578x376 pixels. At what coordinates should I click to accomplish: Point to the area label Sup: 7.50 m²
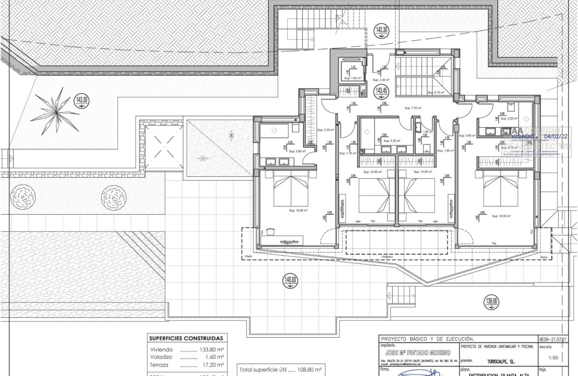(x=413, y=108)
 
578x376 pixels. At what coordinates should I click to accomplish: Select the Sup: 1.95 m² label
(x=352, y=78)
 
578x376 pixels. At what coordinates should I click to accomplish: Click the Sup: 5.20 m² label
(x=509, y=119)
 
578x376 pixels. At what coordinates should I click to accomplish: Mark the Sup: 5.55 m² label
(x=326, y=130)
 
